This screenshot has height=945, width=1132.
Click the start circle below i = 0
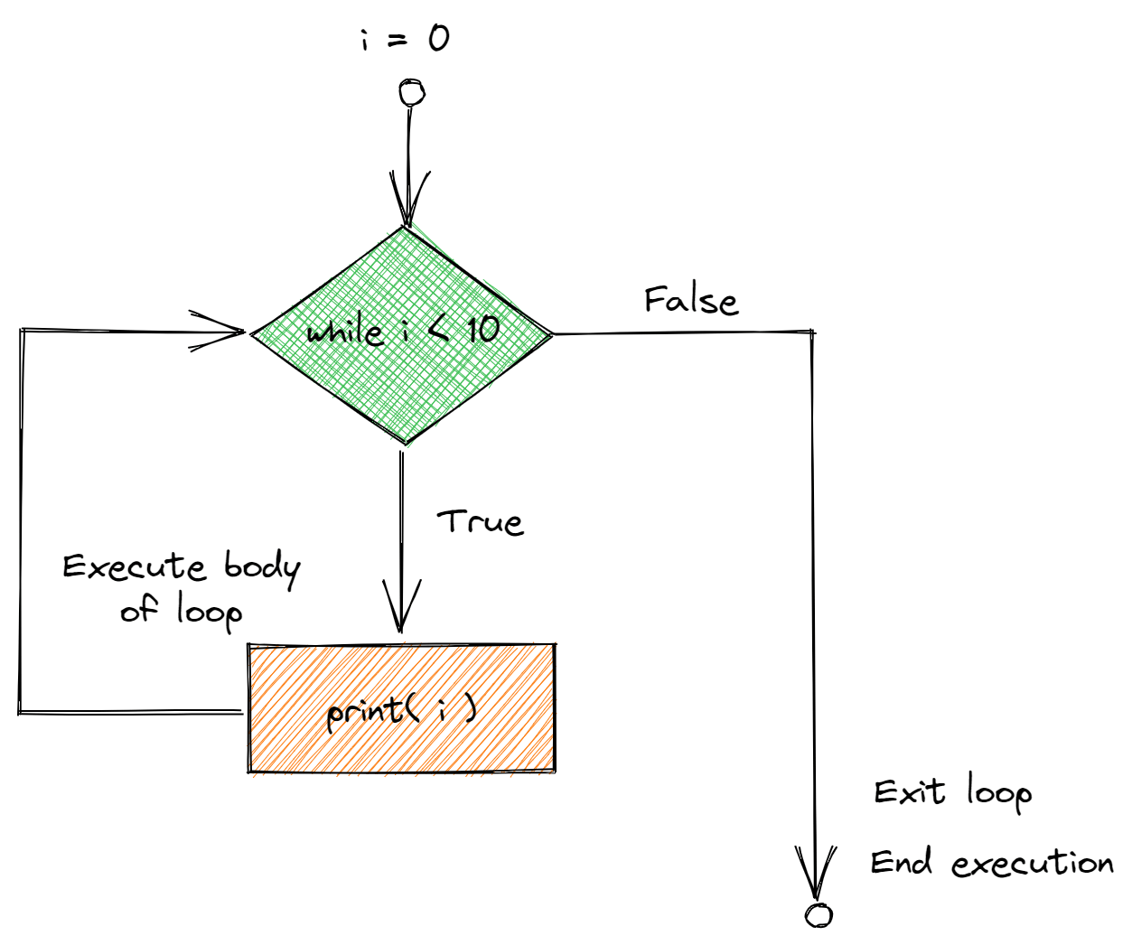pos(411,92)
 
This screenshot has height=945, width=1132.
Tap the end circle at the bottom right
pos(819,915)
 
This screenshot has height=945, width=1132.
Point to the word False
pos(691,300)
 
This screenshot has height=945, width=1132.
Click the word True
pos(481,522)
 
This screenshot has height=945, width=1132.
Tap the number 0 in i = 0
pos(438,38)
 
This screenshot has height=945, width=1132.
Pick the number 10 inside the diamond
pos(482,330)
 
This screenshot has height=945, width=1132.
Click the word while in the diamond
pos(344,332)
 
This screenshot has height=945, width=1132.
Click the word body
pos(262,567)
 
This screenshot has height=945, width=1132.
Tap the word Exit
pos(910,792)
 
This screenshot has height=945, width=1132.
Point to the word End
pos(901,863)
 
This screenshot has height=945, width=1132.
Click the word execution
pos(1033,864)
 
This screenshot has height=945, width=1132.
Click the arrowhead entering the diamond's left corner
pos(226,332)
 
